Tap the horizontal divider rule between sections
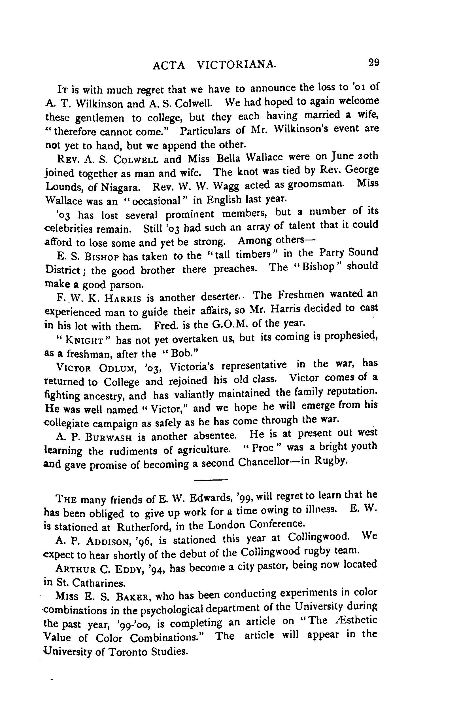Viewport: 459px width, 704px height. pyautogui.click(x=211, y=480)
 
